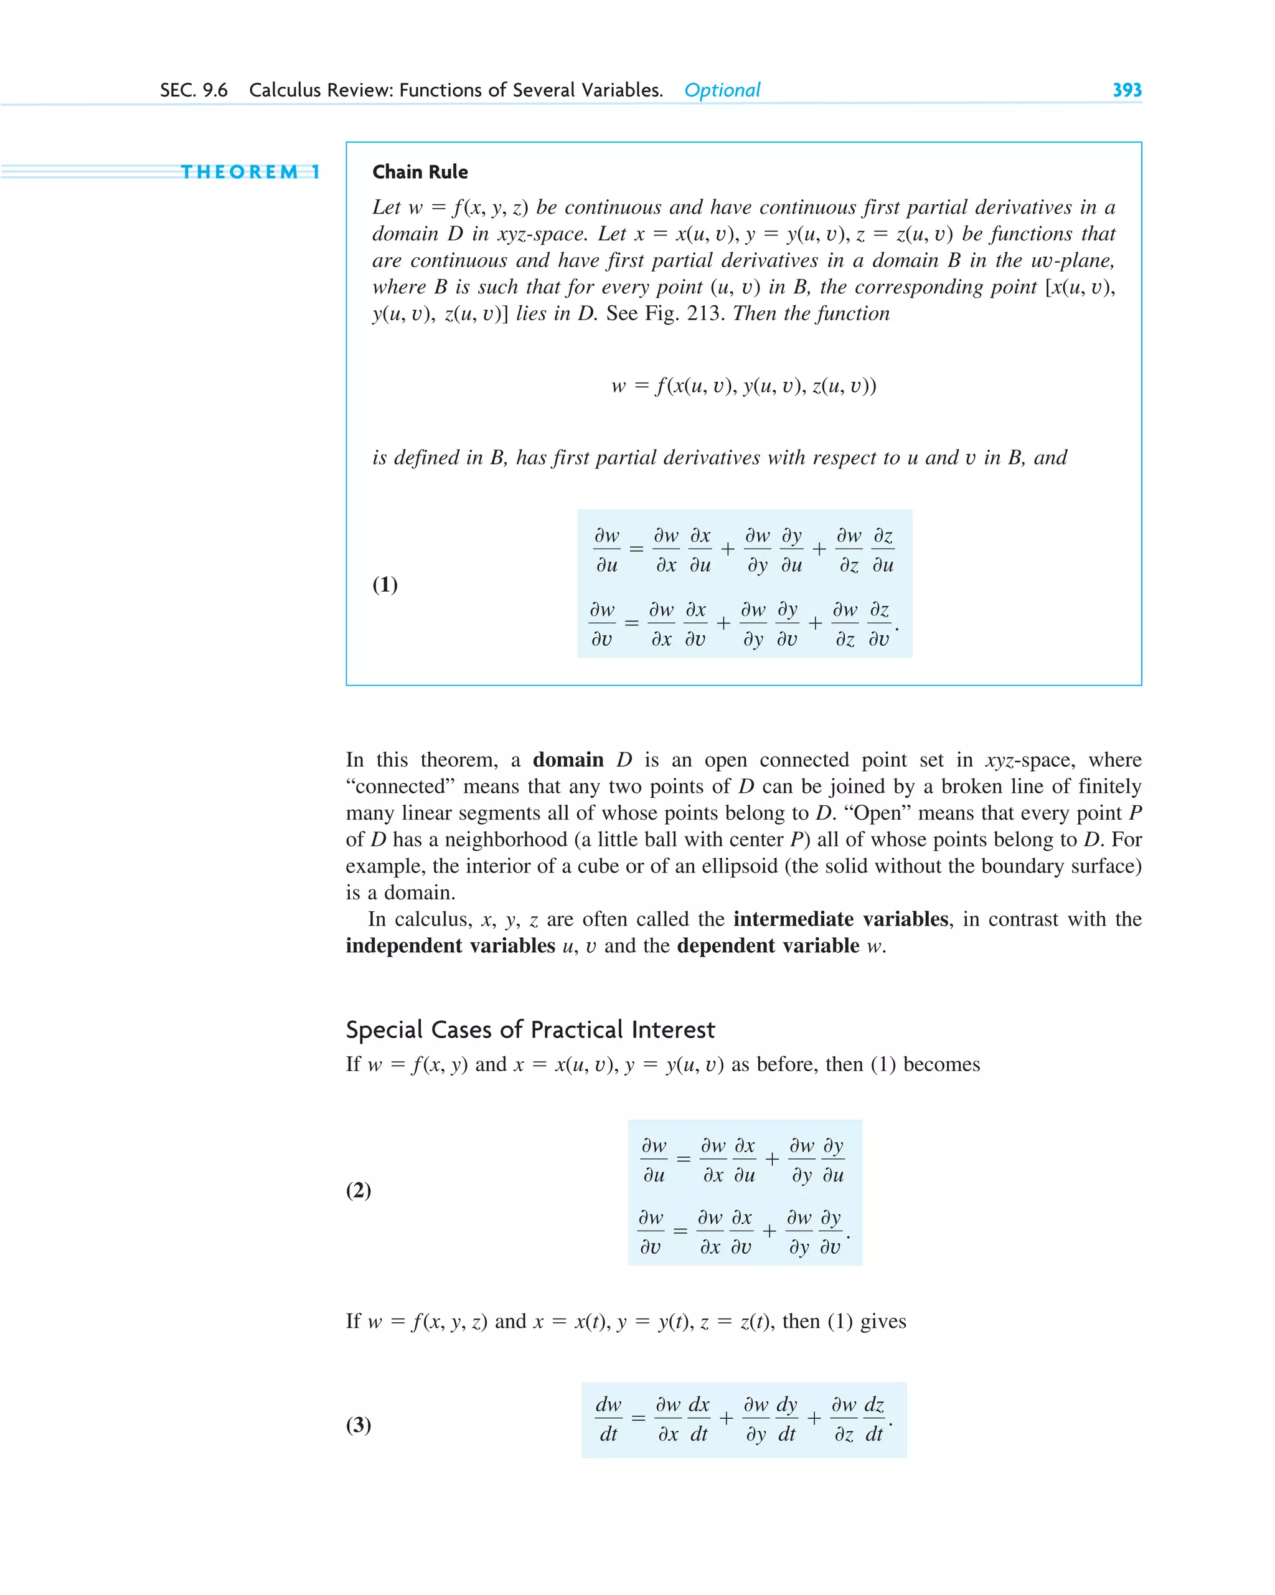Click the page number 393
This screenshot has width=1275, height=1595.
(1126, 90)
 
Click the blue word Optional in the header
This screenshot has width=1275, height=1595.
(722, 90)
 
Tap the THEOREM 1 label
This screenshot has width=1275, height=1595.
(251, 173)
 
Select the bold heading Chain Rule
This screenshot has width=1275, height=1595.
(420, 173)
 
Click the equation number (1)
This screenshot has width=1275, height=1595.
(385, 584)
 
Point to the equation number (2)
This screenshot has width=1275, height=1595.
(359, 1190)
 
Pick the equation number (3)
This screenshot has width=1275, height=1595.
(359, 1424)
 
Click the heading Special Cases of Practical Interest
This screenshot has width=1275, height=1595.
(530, 1029)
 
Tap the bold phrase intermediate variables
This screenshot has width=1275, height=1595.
(841, 919)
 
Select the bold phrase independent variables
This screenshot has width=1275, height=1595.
(450, 945)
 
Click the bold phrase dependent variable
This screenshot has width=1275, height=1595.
(768, 945)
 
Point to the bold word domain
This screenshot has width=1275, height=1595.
(568, 760)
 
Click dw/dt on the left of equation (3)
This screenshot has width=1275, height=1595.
(608, 1419)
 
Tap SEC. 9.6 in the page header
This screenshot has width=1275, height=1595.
(194, 90)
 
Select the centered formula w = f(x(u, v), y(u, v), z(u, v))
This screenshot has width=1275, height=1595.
(744, 386)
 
